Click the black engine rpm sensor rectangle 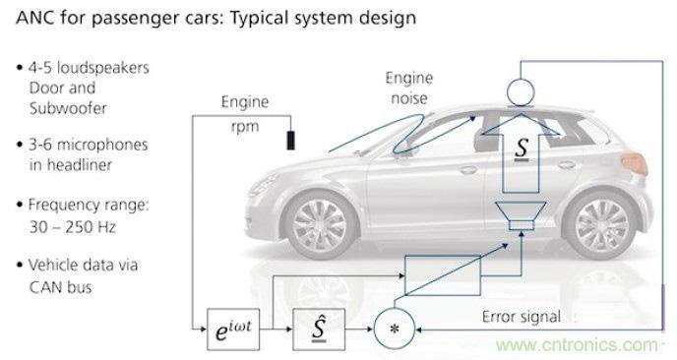click(x=290, y=138)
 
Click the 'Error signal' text click(x=522, y=317)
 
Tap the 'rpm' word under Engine click(x=245, y=126)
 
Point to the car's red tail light click(x=637, y=157)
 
